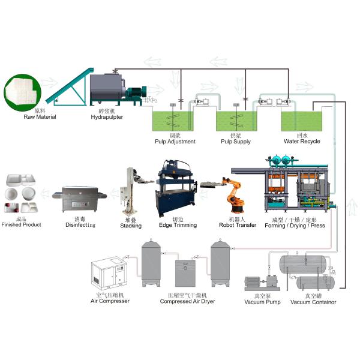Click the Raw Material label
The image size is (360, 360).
(40, 116)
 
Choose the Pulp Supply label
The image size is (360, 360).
(235, 142)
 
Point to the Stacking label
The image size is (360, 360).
(131, 226)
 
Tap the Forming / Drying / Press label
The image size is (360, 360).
(295, 225)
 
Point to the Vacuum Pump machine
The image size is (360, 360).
(262, 283)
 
